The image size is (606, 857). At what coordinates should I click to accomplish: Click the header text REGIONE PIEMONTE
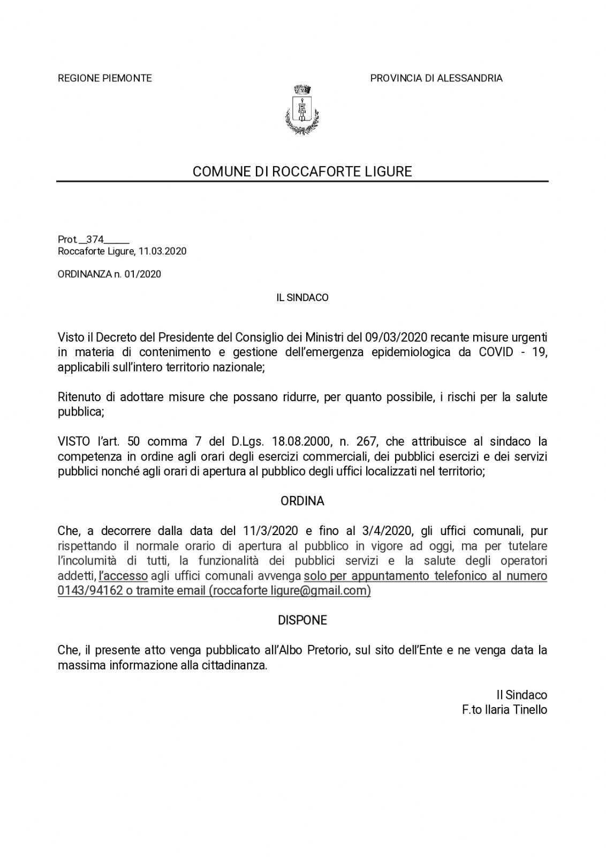coord(104,78)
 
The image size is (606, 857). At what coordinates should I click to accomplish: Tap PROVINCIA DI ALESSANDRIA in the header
coord(436,78)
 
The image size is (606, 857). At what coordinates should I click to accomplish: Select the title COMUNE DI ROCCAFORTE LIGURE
coord(302,171)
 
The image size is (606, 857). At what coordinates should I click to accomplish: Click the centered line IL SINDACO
coord(302,297)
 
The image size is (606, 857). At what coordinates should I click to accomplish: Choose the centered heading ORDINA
coord(302,501)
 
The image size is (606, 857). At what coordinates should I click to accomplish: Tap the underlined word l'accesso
coord(123,576)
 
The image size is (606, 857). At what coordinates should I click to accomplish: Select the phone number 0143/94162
coord(89,591)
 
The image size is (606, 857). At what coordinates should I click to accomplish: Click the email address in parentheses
coord(290,591)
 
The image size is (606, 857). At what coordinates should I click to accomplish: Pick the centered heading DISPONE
coord(302,620)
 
